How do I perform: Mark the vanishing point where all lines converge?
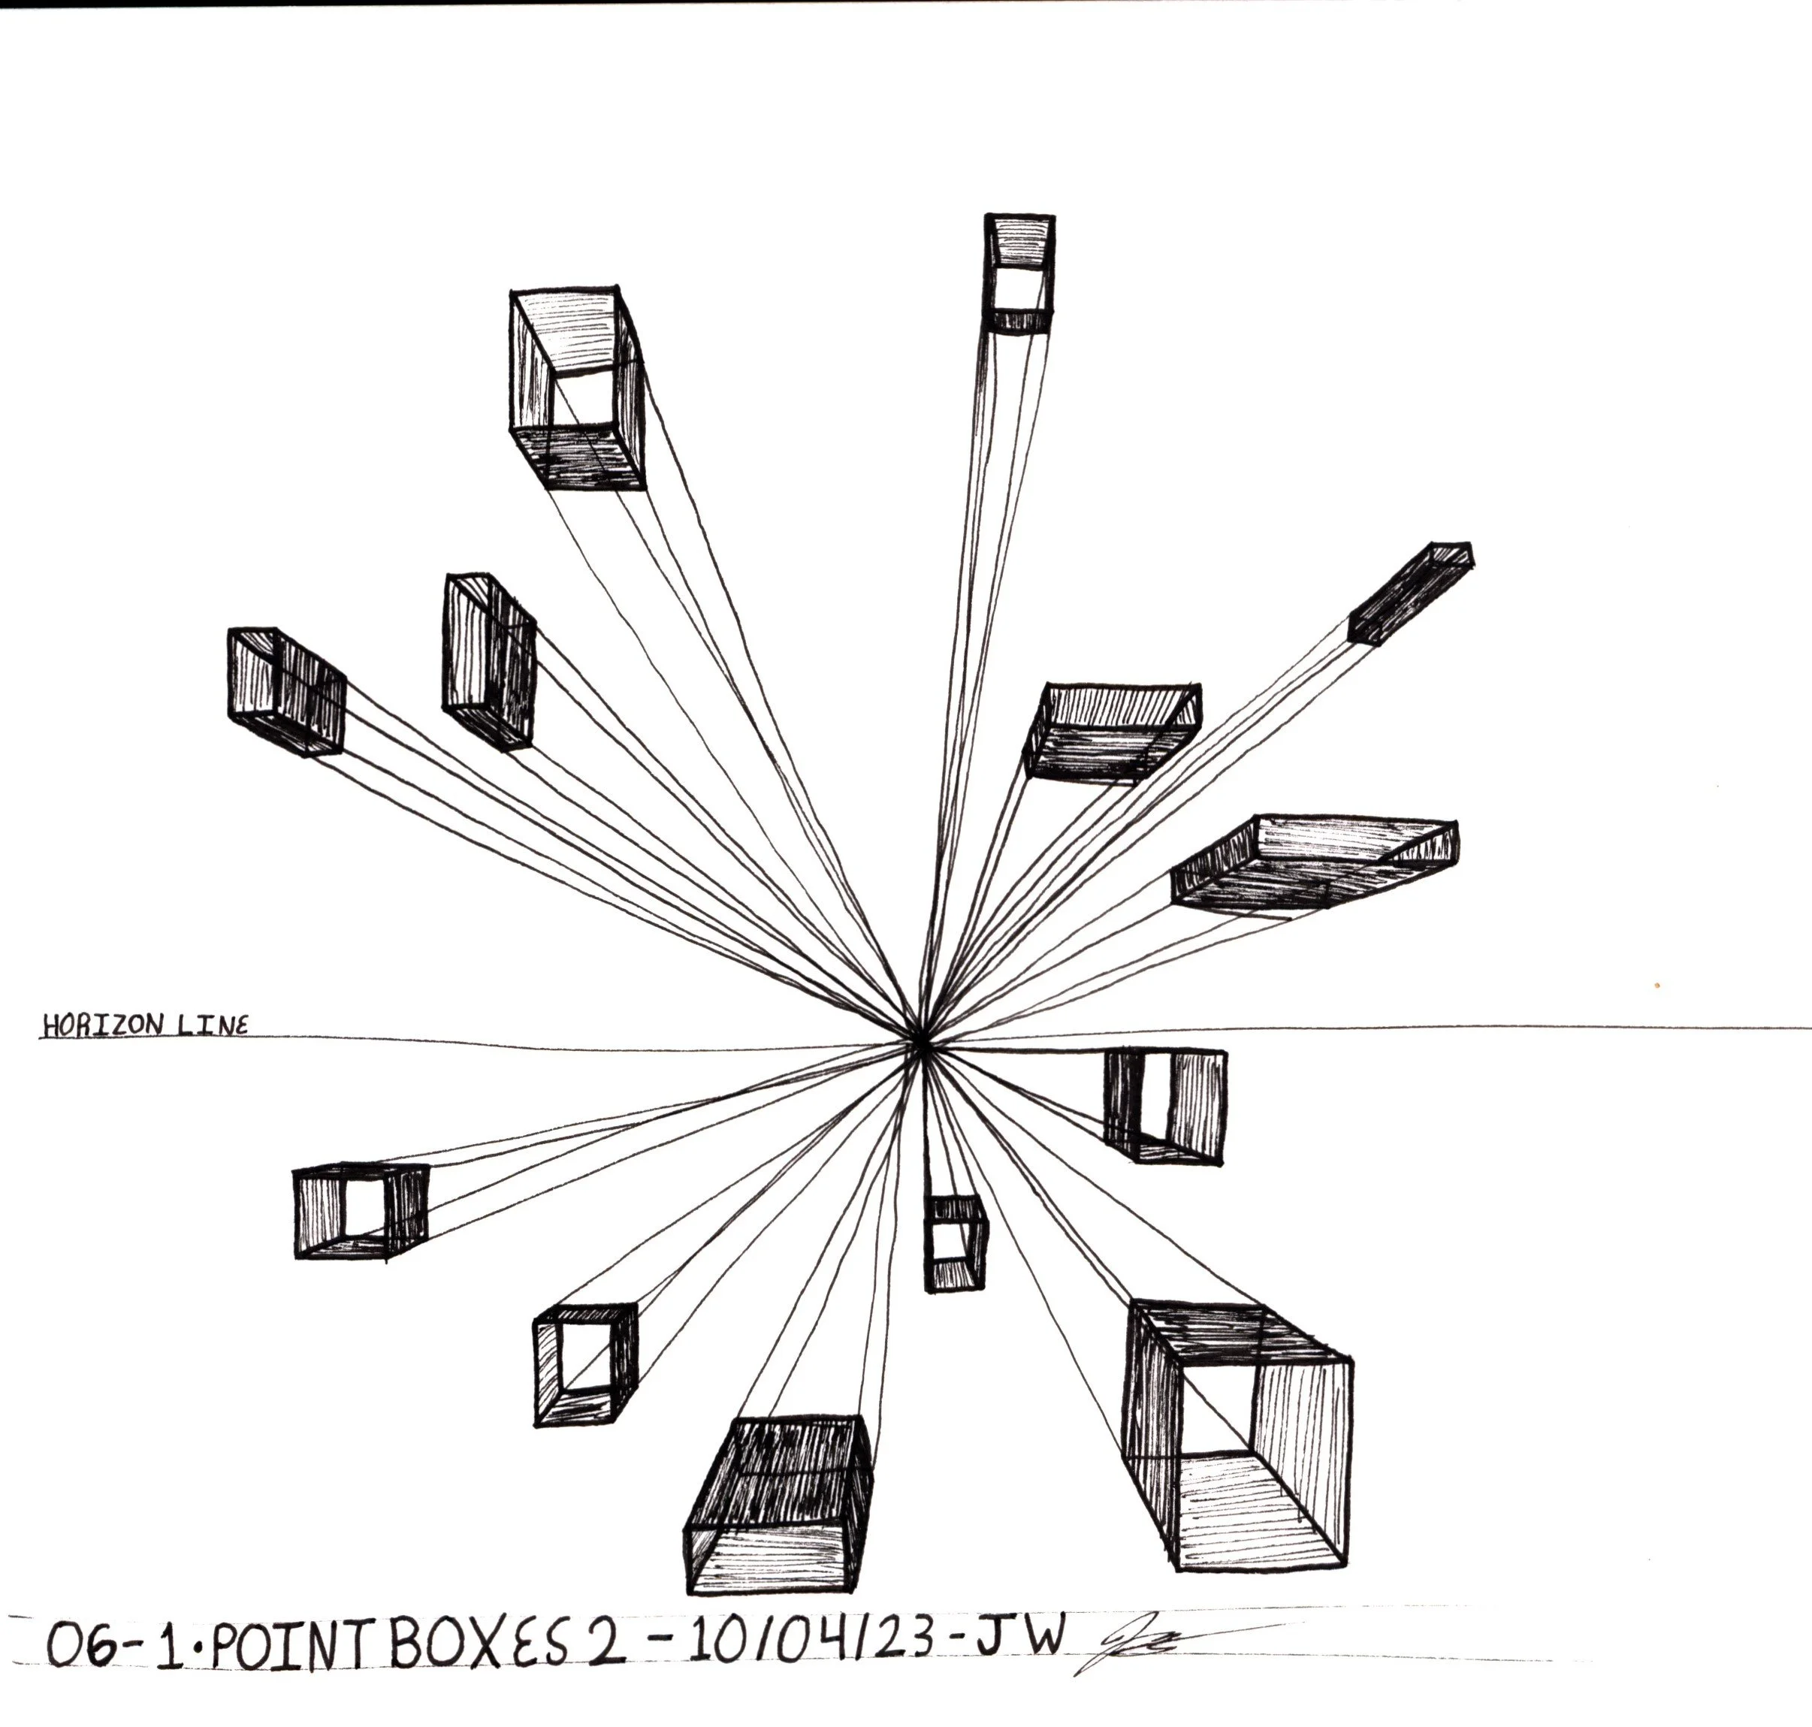[x=920, y=1041]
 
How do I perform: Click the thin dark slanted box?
[x=1409, y=593]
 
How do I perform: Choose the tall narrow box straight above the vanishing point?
[x=1019, y=274]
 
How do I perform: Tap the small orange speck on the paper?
[x=1656, y=984]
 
